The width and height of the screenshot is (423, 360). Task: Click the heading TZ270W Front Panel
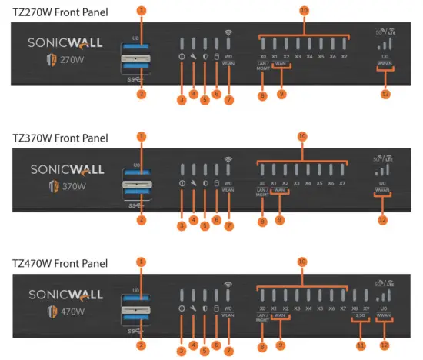click(61, 12)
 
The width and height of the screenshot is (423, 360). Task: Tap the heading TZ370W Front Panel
click(61, 138)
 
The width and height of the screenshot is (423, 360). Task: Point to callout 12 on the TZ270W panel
click(385, 94)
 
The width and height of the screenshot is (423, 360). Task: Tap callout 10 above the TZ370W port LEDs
click(303, 135)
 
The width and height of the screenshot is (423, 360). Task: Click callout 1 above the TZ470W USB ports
click(141, 262)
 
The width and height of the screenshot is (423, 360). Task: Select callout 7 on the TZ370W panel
click(228, 221)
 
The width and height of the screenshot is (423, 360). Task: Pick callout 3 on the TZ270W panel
click(182, 100)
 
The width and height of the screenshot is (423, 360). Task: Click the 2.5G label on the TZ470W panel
click(360, 315)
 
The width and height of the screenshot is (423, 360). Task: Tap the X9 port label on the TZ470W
click(365, 308)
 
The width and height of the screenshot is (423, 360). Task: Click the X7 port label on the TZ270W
click(343, 57)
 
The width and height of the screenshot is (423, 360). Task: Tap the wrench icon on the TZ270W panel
click(193, 57)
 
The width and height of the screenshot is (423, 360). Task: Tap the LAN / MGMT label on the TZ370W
click(262, 192)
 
